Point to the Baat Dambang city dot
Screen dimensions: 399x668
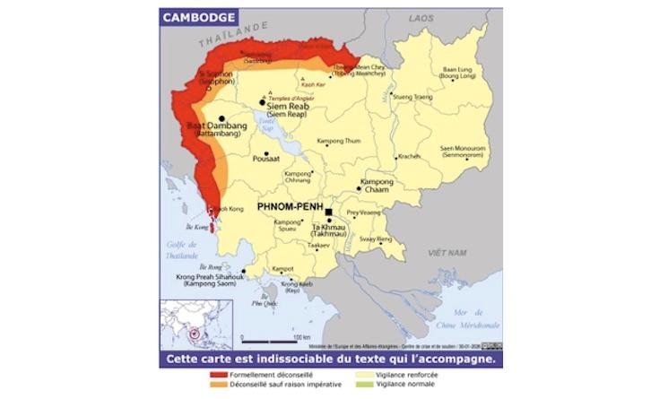pos(221,117)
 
